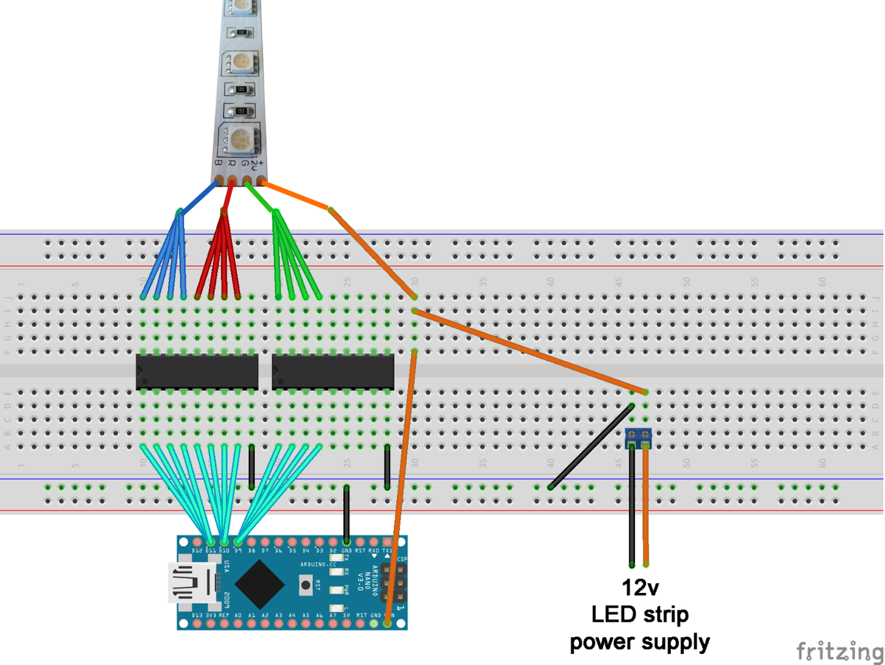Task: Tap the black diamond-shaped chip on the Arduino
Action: [x=260, y=583]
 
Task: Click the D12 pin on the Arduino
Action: [x=197, y=542]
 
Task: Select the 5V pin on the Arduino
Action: [x=346, y=623]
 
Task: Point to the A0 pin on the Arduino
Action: [x=238, y=623]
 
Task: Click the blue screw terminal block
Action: [x=638, y=438]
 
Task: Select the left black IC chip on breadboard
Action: [x=197, y=371]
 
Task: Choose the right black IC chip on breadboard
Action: [x=332, y=371]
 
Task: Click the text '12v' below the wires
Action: [x=640, y=588]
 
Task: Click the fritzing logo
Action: [x=840, y=650]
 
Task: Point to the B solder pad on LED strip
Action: [x=219, y=180]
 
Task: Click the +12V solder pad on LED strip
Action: [x=261, y=180]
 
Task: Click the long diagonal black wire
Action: [x=591, y=446]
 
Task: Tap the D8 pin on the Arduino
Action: [x=251, y=542]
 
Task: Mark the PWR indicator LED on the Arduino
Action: [x=336, y=590]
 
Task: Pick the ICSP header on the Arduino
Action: [x=394, y=583]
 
